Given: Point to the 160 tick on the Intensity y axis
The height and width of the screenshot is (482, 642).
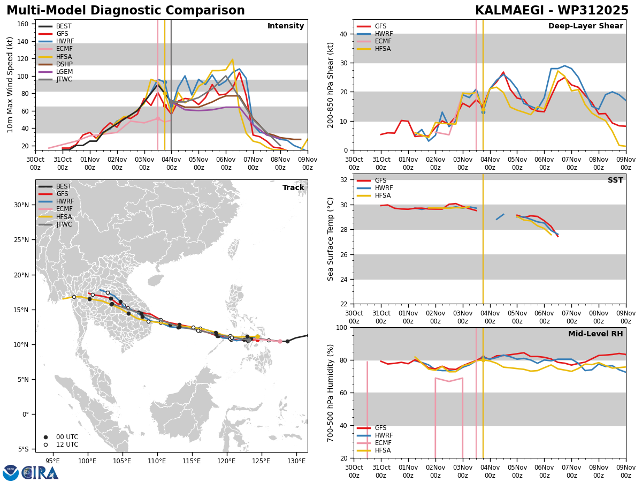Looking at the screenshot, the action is click(x=23, y=24).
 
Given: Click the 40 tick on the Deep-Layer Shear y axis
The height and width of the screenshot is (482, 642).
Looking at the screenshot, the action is click(x=343, y=34).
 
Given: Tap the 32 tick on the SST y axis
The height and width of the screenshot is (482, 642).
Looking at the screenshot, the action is click(x=343, y=180).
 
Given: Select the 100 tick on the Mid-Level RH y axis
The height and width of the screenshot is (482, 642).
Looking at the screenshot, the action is click(x=342, y=327).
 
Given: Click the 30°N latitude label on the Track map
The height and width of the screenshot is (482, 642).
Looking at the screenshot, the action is click(x=21, y=205).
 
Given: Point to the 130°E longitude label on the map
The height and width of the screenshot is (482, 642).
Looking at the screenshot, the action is click(x=296, y=461).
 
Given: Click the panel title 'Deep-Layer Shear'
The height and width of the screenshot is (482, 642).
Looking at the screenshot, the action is click(x=585, y=26).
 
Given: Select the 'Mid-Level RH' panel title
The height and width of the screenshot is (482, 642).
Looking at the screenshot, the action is click(x=595, y=334).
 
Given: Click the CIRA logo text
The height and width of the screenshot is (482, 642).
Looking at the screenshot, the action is click(x=40, y=473).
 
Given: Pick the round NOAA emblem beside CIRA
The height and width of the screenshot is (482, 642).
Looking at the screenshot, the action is click(x=11, y=473).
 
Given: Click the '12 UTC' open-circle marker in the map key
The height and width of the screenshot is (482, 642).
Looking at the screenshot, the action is click(x=45, y=445).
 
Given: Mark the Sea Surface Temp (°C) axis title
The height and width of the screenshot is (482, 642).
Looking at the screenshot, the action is click(x=330, y=239).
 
